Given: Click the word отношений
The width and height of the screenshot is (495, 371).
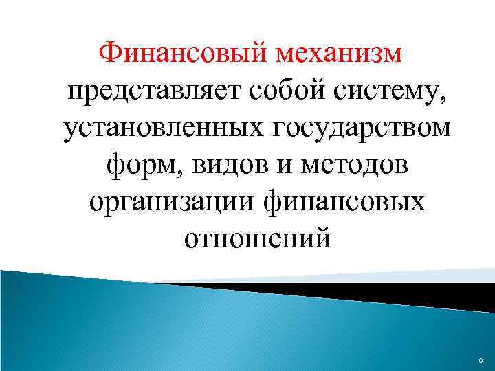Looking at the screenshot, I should point(258,240).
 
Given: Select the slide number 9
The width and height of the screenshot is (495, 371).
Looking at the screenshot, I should point(479,359).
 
